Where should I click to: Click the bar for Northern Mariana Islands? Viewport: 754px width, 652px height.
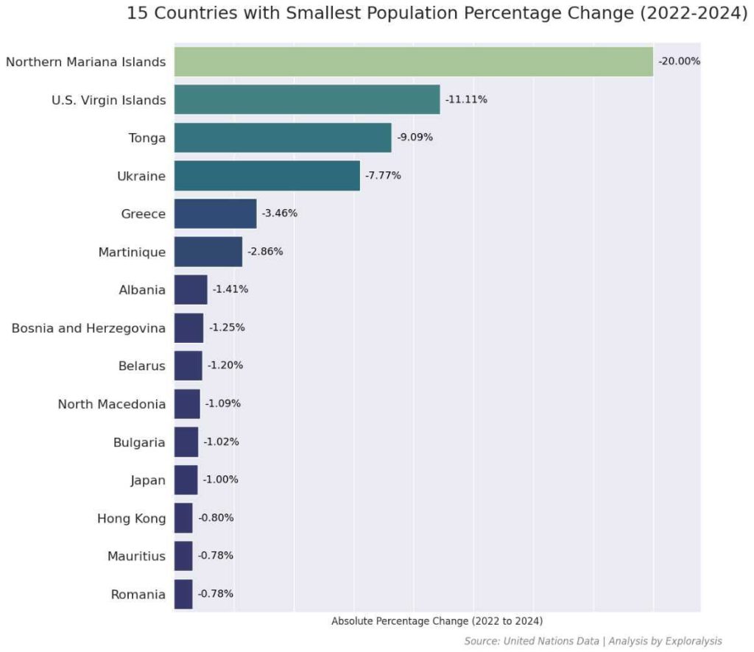point(413,61)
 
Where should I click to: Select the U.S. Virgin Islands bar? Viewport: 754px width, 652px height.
point(306,99)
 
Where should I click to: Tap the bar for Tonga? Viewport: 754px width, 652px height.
point(282,138)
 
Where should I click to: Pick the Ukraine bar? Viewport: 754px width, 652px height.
point(267,175)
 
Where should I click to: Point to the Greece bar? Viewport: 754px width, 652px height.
point(215,213)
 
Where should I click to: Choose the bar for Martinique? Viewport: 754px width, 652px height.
point(208,252)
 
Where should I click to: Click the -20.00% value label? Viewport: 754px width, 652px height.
point(679,61)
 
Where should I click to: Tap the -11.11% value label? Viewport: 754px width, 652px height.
point(466,99)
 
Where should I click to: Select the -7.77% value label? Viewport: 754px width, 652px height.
point(383,175)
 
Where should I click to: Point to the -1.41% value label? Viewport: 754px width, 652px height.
point(230,289)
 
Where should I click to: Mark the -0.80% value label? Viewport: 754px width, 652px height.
point(216,517)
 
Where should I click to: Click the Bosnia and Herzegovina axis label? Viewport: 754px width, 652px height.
point(88,327)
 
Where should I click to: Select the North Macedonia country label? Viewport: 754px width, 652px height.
point(112,404)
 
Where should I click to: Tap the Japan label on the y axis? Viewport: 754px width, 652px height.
point(147,481)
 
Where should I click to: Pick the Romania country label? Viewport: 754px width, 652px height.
point(138,594)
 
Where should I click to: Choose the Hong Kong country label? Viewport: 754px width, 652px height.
point(131,518)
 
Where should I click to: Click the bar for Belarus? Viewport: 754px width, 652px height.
point(188,366)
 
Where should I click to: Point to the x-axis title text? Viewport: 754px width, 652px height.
point(437,621)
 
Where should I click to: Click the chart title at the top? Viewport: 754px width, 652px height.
point(437,13)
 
